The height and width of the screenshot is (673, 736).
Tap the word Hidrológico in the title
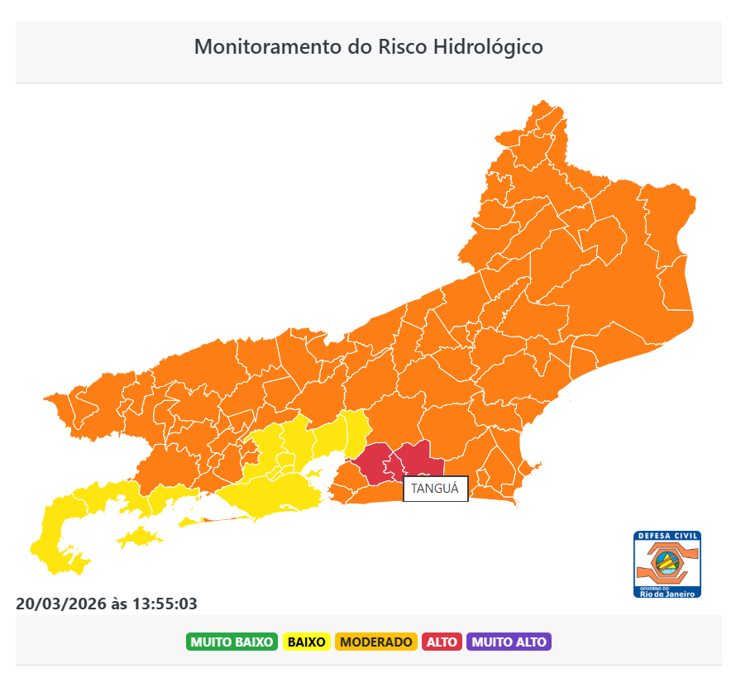pyautogui.click(x=489, y=46)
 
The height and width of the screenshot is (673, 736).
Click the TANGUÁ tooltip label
pyautogui.click(x=435, y=489)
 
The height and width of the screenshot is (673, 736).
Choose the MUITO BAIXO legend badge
pyautogui.click(x=232, y=642)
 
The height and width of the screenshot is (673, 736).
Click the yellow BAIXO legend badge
pyautogui.click(x=306, y=642)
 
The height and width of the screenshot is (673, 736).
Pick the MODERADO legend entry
pyautogui.click(x=375, y=642)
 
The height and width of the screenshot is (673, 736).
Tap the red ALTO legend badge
pyautogui.click(x=442, y=642)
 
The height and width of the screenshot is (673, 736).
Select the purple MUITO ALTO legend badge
pyautogui.click(x=509, y=642)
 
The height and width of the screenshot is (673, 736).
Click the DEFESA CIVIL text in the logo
pyautogui.click(x=667, y=537)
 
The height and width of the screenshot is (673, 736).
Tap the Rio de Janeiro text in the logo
pyautogui.click(x=667, y=593)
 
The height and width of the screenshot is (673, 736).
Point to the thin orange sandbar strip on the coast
pyautogui.click(x=225, y=519)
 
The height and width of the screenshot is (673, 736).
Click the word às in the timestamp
pyautogui.click(x=119, y=604)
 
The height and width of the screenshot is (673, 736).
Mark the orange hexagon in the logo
pyautogui.click(x=667, y=564)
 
